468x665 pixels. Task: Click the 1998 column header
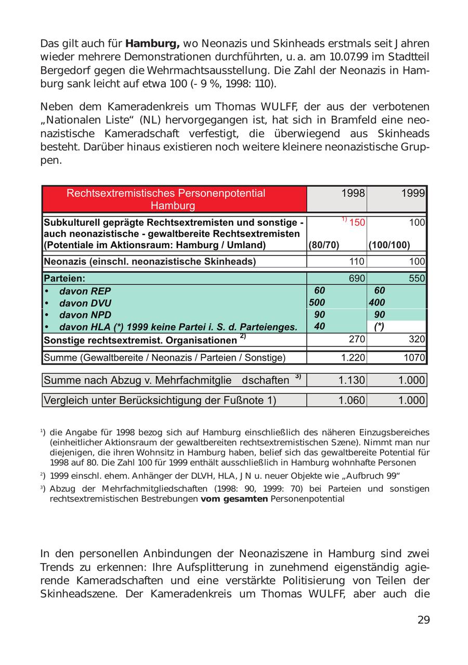353,194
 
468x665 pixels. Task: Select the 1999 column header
413,194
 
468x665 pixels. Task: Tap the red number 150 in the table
356,223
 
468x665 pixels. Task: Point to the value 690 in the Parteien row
356,278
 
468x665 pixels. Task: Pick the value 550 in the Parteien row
417,278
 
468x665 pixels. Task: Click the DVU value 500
317,303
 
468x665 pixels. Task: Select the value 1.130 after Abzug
352,380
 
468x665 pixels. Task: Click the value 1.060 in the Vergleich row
352,401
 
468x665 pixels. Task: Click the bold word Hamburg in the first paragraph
152,44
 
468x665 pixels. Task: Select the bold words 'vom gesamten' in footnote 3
234,499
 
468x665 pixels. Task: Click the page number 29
423,620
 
